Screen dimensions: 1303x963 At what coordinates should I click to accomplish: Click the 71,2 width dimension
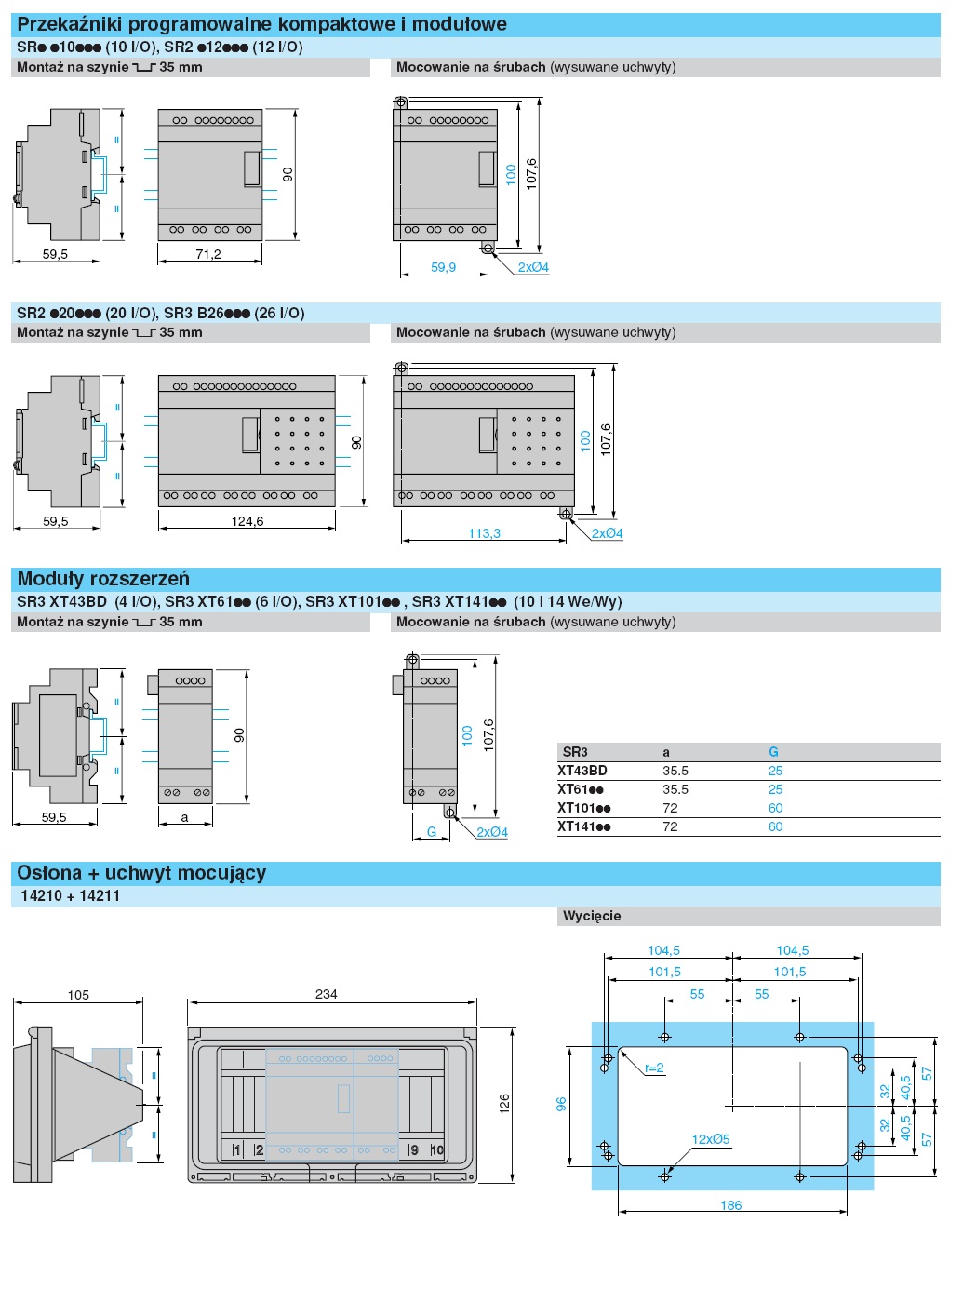(x=208, y=254)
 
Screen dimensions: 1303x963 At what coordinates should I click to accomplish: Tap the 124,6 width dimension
(x=247, y=521)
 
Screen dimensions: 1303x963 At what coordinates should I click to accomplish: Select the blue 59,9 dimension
(x=443, y=267)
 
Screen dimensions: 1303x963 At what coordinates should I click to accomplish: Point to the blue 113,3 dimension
(x=484, y=533)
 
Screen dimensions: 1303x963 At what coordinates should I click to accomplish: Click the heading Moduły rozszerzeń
(x=103, y=579)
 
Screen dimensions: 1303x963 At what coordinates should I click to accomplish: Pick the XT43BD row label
(x=582, y=771)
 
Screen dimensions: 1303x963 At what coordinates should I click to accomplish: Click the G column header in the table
(x=773, y=752)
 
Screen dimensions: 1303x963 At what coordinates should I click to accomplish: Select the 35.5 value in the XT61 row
(x=675, y=789)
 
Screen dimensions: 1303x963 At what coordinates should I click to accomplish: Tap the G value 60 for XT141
(x=775, y=826)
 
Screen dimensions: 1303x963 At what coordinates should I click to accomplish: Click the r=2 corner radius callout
(x=654, y=1068)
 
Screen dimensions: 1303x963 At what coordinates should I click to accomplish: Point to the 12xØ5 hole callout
(x=711, y=1139)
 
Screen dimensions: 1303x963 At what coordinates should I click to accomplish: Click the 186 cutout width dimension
(x=731, y=1205)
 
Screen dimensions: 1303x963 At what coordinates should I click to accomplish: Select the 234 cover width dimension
(x=326, y=994)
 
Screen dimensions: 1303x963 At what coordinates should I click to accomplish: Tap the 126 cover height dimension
(x=504, y=1105)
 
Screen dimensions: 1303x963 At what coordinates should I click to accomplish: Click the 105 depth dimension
(x=78, y=995)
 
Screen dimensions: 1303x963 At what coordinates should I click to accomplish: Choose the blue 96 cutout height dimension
(x=561, y=1104)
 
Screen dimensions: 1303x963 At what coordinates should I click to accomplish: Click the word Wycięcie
(x=592, y=916)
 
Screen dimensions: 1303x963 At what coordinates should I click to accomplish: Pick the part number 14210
(x=41, y=896)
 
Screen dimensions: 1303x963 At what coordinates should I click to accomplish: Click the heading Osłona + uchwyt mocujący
(x=141, y=873)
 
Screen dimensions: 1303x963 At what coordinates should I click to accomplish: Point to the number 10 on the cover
(x=436, y=1150)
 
